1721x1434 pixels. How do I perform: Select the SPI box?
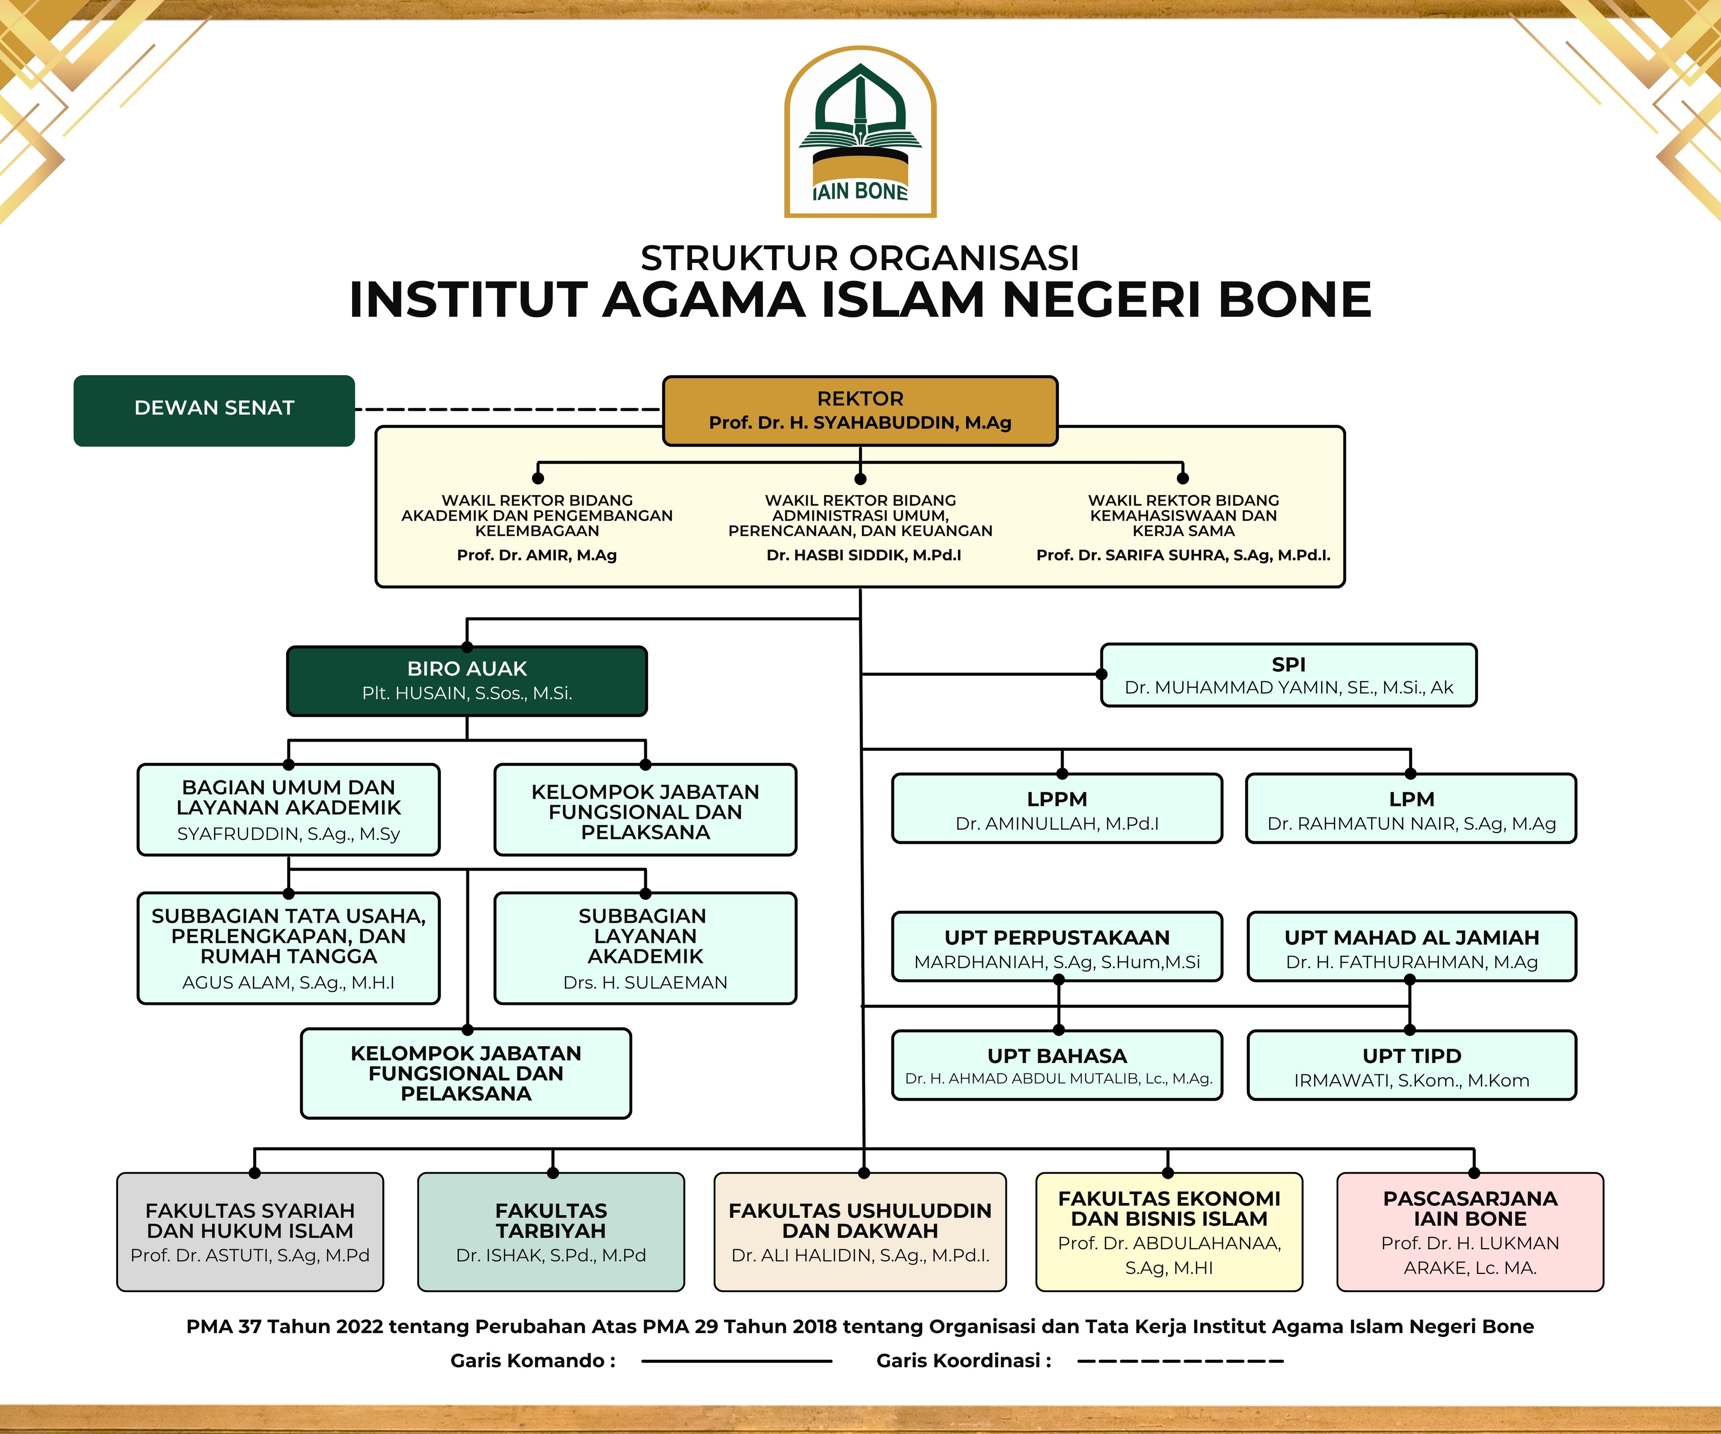(x=1288, y=675)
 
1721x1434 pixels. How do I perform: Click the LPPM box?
(x=1057, y=809)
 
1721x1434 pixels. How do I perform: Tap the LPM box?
(x=1411, y=809)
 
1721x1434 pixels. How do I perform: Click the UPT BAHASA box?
(x=1057, y=1065)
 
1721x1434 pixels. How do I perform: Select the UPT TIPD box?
(x=1411, y=1065)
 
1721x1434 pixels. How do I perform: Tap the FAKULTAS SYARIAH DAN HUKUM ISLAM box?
(x=250, y=1232)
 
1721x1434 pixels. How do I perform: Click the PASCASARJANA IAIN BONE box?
(x=1470, y=1232)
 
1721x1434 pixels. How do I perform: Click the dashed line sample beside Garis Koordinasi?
(x=1180, y=1361)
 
